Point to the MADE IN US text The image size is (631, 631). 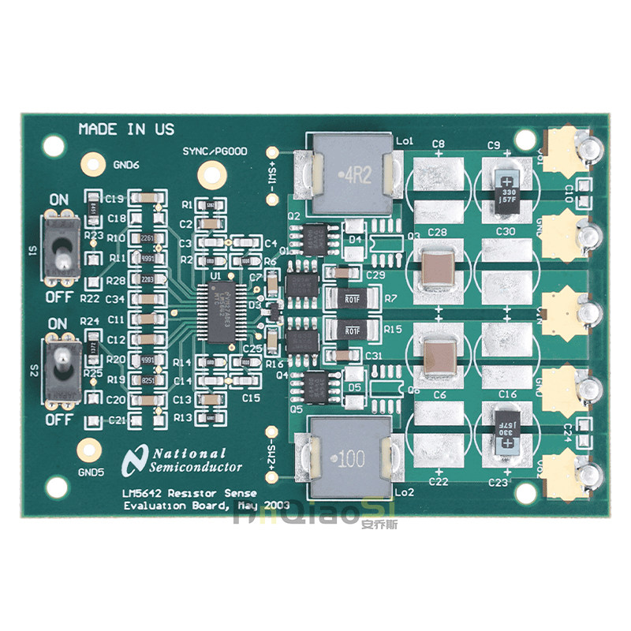126,129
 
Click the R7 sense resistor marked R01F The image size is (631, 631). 351,299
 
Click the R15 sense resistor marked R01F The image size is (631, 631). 351,327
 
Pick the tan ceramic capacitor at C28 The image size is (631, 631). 438,267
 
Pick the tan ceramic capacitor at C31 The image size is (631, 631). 438,354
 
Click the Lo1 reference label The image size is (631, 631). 405,140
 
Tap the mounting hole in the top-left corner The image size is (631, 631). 54,145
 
